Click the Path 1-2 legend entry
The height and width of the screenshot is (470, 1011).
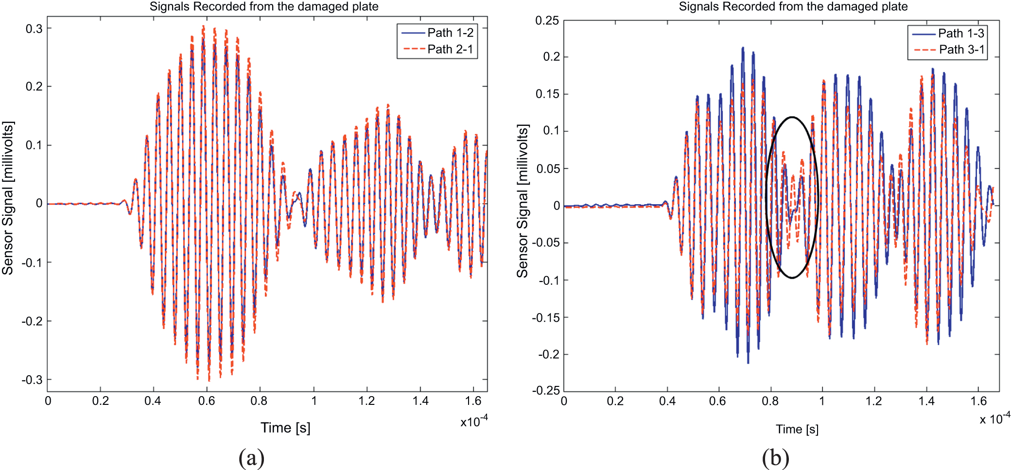click(x=450, y=33)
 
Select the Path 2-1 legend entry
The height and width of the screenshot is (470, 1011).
click(x=450, y=49)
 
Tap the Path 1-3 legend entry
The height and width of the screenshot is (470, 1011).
click(x=960, y=33)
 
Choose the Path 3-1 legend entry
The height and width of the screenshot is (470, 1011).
click(x=961, y=50)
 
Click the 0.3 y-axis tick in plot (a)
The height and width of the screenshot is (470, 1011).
click(x=34, y=29)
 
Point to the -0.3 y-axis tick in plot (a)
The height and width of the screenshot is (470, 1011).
click(x=32, y=380)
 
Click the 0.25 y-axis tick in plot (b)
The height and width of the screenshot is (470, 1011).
click(x=547, y=20)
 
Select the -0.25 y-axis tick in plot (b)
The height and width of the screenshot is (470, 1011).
click(x=545, y=390)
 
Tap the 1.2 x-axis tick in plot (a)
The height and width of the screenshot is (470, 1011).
click(x=366, y=401)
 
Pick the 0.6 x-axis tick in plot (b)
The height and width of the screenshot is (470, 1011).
click(x=717, y=401)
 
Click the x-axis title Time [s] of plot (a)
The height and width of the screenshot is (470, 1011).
click(x=285, y=428)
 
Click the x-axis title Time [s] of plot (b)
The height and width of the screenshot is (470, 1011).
click(x=797, y=429)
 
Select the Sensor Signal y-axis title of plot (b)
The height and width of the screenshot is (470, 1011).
click(x=523, y=201)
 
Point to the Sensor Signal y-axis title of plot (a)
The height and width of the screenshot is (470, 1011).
click(x=8, y=198)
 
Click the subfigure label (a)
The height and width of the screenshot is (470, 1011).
click(x=251, y=458)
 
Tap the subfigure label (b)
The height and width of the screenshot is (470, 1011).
click(x=775, y=458)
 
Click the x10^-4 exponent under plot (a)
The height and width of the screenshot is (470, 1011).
click(x=474, y=421)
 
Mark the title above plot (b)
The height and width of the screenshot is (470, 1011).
click(x=793, y=6)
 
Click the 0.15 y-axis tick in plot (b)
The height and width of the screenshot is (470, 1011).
click(x=547, y=94)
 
